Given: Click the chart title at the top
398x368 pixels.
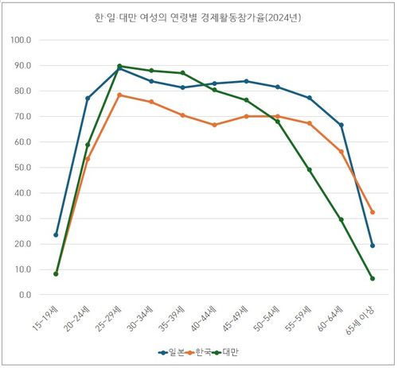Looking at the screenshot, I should [x=200, y=17].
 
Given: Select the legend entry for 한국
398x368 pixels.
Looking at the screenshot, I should [x=201, y=351].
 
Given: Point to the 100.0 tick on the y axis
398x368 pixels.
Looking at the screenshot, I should [x=21, y=40].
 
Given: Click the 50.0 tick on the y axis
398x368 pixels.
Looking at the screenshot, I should [x=21, y=167].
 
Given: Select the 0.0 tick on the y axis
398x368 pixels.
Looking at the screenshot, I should [x=24, y=295].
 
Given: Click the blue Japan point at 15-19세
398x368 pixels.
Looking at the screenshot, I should [x=56, y=234].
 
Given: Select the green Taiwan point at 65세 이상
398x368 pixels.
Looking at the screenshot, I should [x=372, y=278].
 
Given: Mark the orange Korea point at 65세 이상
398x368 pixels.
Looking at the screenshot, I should [x=372, y=212].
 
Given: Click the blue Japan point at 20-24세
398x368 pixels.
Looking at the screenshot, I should [x=88, y=98].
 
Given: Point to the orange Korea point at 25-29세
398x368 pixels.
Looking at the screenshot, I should [x=119, y=95].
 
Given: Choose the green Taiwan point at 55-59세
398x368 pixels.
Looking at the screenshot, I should [x=309, y=169].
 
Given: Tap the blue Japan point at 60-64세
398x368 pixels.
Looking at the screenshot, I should [x=341, y=125].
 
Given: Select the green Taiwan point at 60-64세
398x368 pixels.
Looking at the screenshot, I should [x=341, y=219].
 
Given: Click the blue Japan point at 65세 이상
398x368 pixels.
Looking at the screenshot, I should [x=372, y=246].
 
